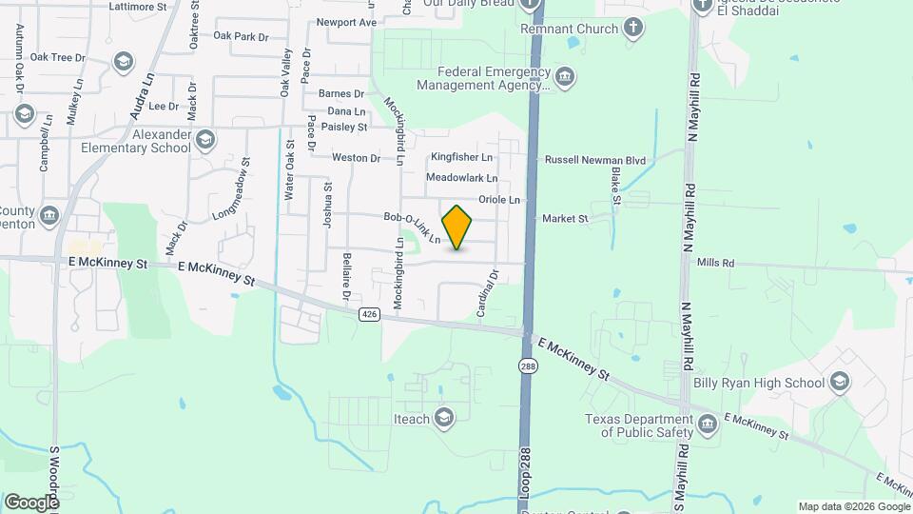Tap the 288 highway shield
click(x=526, y=365)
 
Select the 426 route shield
click(x=370, y=313)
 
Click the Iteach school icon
click(x=443, y=417)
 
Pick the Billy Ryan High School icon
click(x=839, y=383)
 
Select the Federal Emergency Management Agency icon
click(x=564, y=77)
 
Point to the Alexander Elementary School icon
click(x=204, y=142)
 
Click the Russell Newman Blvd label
click(x=594, y=160)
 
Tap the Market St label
click(x=565, y=219)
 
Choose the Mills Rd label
click(x=715, y=262)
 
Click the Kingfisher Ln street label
click(x=461, y=156)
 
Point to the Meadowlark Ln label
click(x=461, y=178)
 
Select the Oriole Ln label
click(x=499, y=200)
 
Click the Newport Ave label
click(x=346, y=22)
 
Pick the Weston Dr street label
click(x=357, y=157)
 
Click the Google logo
click(x=31, y=502)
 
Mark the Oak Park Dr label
click(x=242, y=36)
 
